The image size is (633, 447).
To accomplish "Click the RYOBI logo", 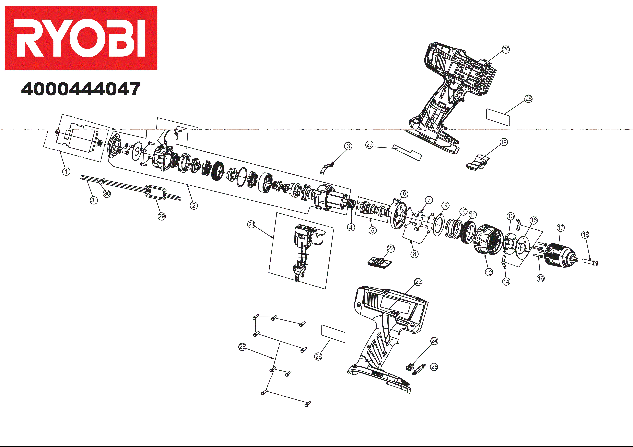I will [81, 38].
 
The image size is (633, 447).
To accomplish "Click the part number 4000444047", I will [81, 89].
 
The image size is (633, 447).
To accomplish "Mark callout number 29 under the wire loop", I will [162, 216].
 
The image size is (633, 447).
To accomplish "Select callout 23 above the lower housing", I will [418, 282].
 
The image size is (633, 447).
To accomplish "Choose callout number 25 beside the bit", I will [434, 367].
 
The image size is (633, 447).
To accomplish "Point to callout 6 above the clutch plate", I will [404, 194].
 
